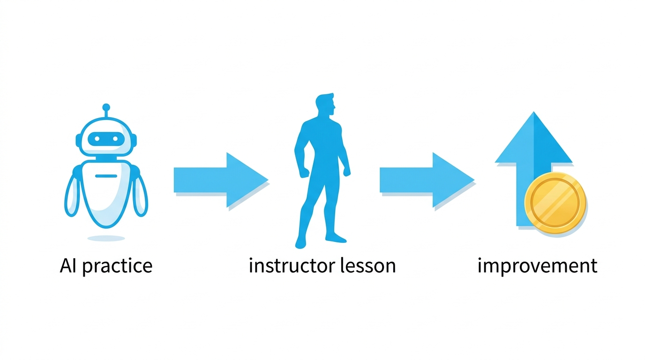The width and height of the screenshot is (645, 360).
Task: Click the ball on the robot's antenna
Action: point(106,107)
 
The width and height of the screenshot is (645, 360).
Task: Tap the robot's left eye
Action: point(97,139)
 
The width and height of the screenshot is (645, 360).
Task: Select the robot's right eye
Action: point(115,139)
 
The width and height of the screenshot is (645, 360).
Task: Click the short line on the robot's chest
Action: point(106,176)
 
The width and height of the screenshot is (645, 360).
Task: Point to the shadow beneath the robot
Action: point(106,239)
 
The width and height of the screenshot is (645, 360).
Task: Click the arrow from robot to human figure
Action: point(221,180)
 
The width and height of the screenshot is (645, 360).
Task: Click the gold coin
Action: point(555,203)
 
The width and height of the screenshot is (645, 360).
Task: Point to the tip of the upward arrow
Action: point(534,112)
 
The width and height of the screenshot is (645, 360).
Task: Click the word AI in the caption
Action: point(68,265)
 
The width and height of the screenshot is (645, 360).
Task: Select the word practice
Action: point(118,266)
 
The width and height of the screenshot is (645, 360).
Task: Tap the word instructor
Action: point(292,265)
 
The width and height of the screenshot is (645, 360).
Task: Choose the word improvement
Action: point(537,266)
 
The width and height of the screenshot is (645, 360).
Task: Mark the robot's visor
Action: point(106,139)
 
